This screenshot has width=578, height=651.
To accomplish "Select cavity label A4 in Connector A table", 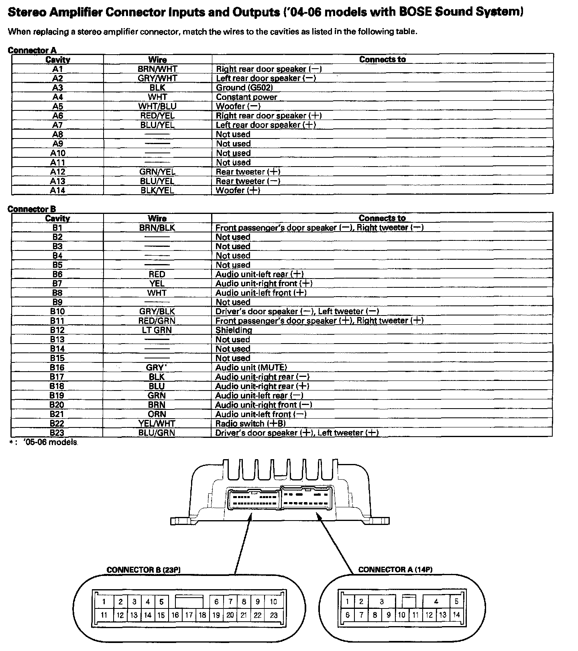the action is coord(57,97).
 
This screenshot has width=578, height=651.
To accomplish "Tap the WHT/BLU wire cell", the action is coord(157,106).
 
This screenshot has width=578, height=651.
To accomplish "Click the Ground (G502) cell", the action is coord(244,88).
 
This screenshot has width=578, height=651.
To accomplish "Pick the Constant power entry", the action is coord(246,97).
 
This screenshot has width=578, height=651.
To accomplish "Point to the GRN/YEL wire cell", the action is coord(157,172).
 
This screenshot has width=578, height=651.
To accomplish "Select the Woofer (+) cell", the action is coord(238,191).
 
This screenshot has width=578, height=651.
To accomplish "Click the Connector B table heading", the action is coord(32,209).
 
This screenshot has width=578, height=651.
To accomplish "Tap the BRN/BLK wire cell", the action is coord(157,228).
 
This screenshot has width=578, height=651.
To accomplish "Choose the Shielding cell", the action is coord(234,330).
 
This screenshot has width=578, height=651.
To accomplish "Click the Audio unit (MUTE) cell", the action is coord(251,368).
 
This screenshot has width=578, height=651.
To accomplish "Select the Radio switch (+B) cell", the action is coord(250,424).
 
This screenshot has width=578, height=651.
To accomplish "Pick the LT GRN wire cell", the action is coord(157,330).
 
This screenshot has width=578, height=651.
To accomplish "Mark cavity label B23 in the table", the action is coord(57,433).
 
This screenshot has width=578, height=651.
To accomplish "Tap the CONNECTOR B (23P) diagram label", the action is coord(146,570).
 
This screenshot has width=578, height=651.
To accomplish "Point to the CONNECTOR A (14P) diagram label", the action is coord(395,570).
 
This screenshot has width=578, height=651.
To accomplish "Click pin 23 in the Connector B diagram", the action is coord(274,615).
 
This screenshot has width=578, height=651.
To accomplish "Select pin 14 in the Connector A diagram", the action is coord(456,614).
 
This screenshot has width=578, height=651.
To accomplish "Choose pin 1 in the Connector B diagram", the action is coord(104,602).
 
